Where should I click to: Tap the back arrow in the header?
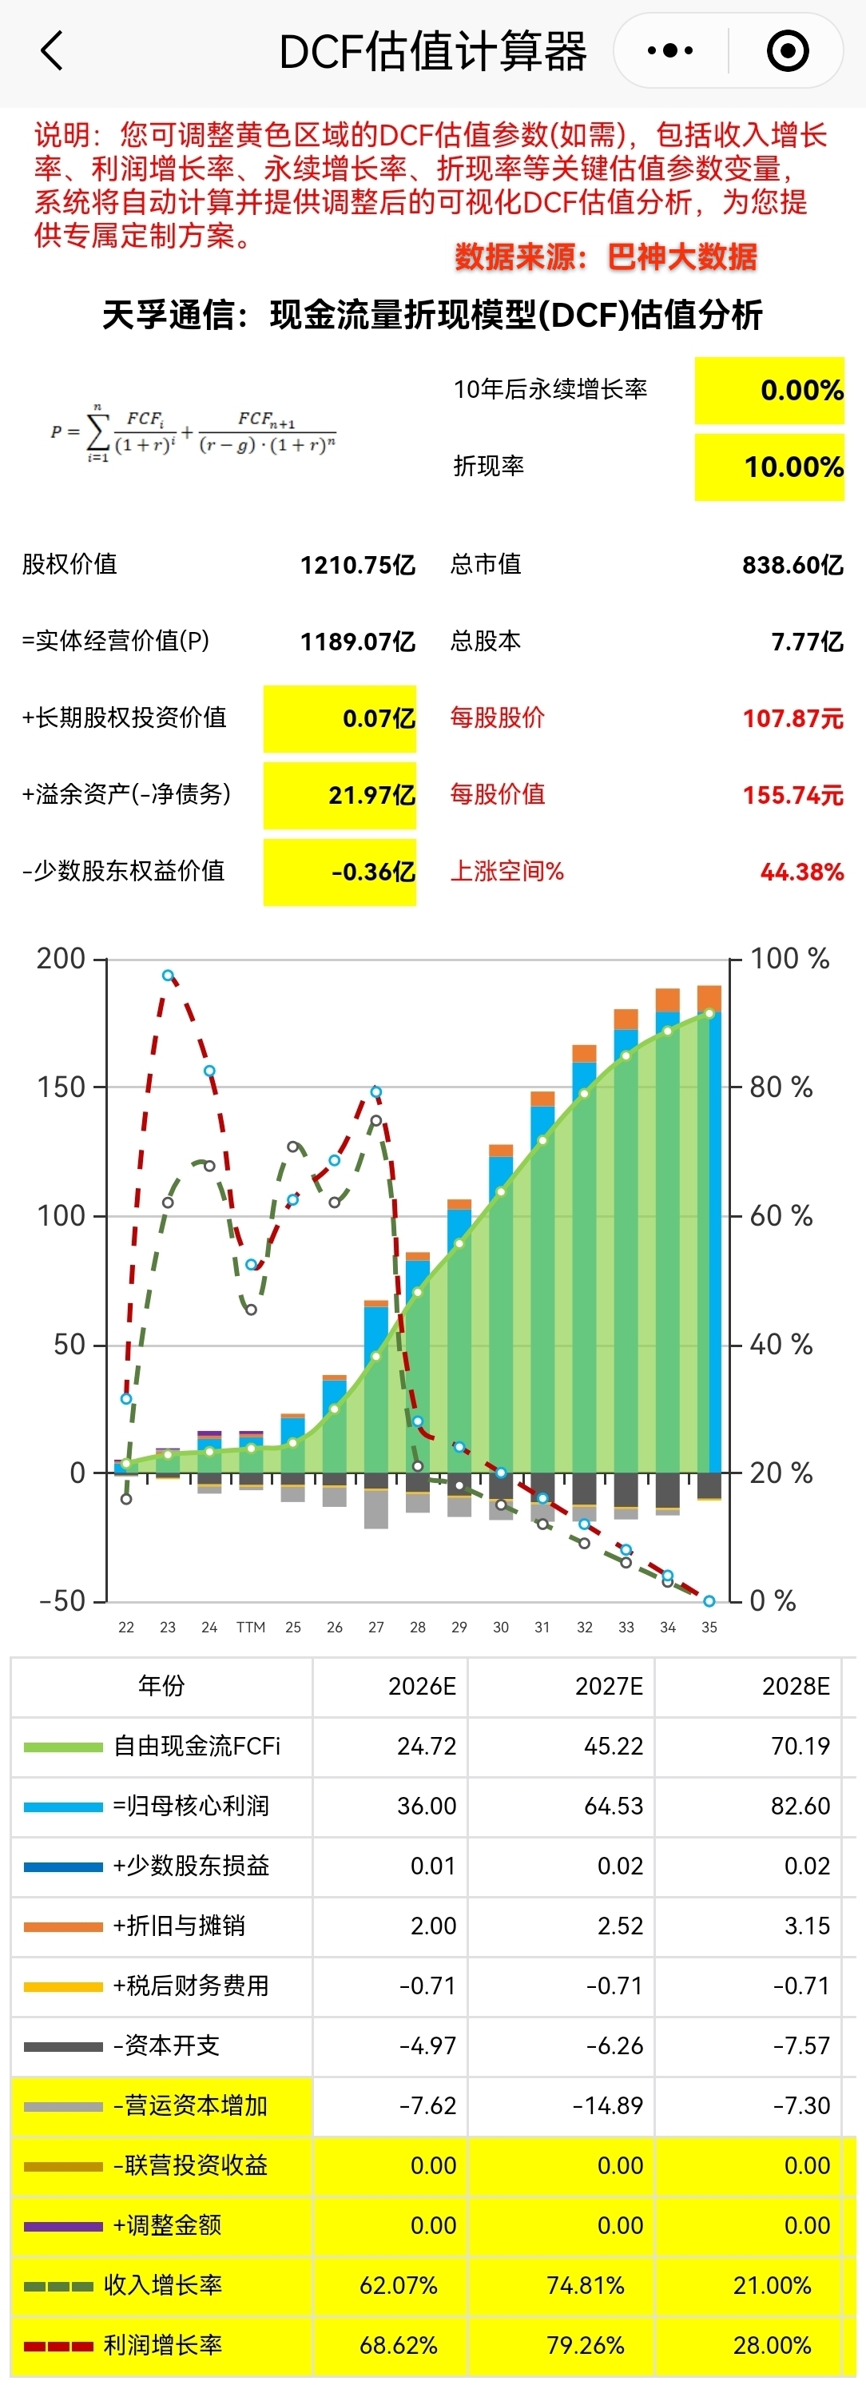pyautogui.click(x=52, y=50)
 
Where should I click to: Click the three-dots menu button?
pyautogui.click(x=670, y=50)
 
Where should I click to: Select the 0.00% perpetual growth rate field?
pyautogui.click(x=769, y=391)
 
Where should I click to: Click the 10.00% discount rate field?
pyautogui.click(x=769, y=467)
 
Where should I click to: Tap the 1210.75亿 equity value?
pyautogui.click(x=357, y=565)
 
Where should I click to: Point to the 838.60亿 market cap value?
pyautogui.click(x=793, y=565)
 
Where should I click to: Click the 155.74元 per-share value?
pyautogui.click(x=793, y=795)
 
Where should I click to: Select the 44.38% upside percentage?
pyautogui.click(x=801, y=873)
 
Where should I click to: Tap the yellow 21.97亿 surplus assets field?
pyautogui.click(x=340, y=795)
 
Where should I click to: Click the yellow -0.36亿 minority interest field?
pyautogui.click(x=340, y=873)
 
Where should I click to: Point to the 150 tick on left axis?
pyautogui.click(x=62, y=1087)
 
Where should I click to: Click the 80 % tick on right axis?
pyautogui.click(x=781, y=1087)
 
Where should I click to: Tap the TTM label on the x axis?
pyautogui.click(x=251, y=1628)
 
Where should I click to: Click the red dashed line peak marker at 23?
pyautogui.click(x=168, y=975)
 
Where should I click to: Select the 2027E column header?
pyautogui.click(x=609, y=1686)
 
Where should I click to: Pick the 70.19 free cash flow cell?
pyautogui.click(x=800, y=1746)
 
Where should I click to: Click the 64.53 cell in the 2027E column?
pyautogui.click(x=614, y=1806)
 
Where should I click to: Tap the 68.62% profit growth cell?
pyautogui.click(x=398, y=2345)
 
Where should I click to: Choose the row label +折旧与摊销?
pyautogui.click(x=179, y=1926)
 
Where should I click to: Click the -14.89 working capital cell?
pyautogui.click(x=608, y=2105)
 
